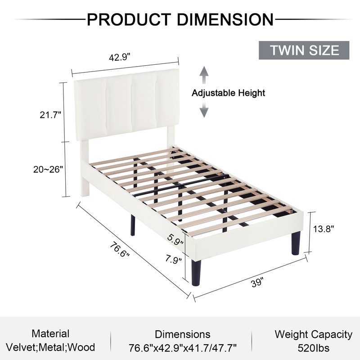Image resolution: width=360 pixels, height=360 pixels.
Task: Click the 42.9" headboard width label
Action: point(119,58)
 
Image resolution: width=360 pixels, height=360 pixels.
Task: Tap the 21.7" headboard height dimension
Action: point(50,115)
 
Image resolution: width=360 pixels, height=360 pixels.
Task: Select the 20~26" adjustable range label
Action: point(48,170)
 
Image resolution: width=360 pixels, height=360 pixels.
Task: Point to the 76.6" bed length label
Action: point(119,250)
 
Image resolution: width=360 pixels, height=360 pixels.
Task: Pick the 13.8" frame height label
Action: point(324,229)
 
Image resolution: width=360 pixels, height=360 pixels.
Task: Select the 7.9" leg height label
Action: point(173,260)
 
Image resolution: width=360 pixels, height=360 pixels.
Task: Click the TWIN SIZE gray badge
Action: point(304,50)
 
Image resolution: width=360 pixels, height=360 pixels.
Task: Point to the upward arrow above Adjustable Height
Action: point(204,75)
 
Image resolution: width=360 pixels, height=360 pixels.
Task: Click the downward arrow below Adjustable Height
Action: point(204,109)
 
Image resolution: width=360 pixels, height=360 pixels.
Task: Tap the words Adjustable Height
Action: point(228,93)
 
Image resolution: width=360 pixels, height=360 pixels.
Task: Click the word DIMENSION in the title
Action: point(225,19)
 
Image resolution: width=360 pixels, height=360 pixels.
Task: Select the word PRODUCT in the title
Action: point(129,19)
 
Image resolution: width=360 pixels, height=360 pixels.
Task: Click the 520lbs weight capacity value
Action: point(313,348)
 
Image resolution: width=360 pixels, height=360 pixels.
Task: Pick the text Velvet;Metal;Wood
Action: point(50,347)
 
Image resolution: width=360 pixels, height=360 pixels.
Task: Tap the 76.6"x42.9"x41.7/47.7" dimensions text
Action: point(183,347)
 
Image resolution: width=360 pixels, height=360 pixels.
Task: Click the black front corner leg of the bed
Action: point(196,273)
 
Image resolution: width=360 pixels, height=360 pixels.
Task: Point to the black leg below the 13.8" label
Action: point(296,243)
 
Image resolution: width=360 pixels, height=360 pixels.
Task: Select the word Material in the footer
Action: point(50,333)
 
